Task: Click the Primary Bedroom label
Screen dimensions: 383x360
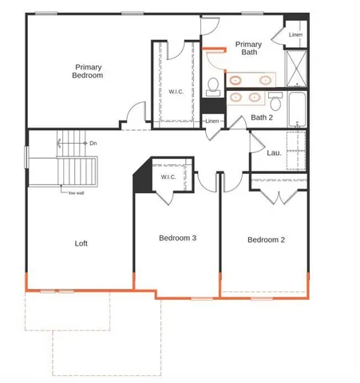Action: pyautogui.click(x=89, y=72)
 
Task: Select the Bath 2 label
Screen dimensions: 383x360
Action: pyautogui.click(x=262, y=117)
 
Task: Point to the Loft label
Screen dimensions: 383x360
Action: pyautogui.click(x=81, y=243)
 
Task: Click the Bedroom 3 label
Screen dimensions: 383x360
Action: pyautogui.click(x=177, y=239)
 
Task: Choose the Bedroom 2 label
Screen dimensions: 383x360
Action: pyautogui.click(x=266, y=239)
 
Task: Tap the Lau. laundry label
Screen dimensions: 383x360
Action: pyautogui.click(x=273, y=152)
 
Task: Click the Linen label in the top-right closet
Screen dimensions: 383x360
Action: pyautogui.click(x=295, y=35)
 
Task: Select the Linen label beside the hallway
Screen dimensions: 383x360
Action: pyautogui.click(x=212, y=121)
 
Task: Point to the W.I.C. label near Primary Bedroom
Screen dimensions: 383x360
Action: pyautogui.click(x=176, y=90)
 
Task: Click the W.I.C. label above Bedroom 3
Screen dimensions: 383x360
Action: pyautogui.click(x=168, y=177)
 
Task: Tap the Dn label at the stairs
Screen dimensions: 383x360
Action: pyautogui.click(x=93, y=143)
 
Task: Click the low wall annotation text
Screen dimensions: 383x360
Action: pyautogui.click(x=77, y=192)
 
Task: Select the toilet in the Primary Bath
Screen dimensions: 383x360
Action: pyautogui.click(x=213, y=85)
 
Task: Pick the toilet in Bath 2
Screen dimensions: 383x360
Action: pyautogui.click(x=276, y=101)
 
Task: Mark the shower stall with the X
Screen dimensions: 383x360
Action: pyautogui.click(x=295, y=67)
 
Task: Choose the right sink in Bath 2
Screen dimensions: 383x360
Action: pyautogui.click(x=255, y=97)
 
